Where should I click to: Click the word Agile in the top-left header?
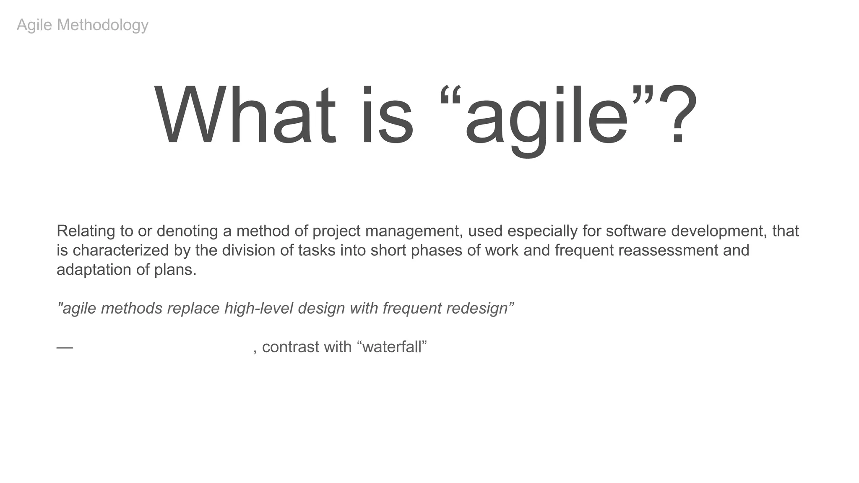coord(34,25)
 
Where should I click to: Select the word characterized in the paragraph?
coord(120,250)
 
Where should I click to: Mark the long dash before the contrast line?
coord(65,348)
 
